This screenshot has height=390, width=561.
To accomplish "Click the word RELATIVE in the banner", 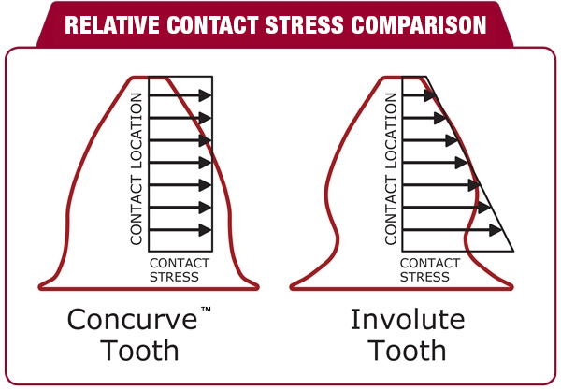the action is click(112, 24).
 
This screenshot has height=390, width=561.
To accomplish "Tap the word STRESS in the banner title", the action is click(305, 24).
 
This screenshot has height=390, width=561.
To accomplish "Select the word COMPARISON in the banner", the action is click(419, 24).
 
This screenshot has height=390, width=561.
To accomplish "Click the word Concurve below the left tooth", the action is click(132, 319).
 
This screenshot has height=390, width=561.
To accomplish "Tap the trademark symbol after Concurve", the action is click(206, 310).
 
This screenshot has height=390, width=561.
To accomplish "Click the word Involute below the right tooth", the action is click(408, 319).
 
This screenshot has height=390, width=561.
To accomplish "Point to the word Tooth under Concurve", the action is click(139, 351).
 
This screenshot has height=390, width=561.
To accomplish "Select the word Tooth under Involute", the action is click(408, 351).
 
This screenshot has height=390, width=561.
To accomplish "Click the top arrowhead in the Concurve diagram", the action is click(206, 95).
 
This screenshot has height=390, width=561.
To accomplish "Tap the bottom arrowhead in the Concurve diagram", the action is click(206, 230).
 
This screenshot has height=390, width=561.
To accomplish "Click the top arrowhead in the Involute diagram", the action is click(430, 95).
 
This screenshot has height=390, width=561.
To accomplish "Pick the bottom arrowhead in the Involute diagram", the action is click(496, 230).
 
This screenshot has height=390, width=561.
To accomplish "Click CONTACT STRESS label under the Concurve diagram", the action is click(180, 269).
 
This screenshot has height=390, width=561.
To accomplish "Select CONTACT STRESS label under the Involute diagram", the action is click(430, 269).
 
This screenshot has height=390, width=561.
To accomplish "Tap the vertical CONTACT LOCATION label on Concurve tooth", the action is click(137, 169).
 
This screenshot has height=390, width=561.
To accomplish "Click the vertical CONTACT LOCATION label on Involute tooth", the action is click(391, 169).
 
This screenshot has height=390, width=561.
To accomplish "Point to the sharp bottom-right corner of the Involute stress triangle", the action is click(513, 251).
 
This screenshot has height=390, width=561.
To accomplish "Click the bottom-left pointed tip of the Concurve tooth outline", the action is click(40, 286).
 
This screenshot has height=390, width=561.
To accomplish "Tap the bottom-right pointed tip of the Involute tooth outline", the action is click(512, 286).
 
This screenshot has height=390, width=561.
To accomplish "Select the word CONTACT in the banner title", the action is click(212, 24).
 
